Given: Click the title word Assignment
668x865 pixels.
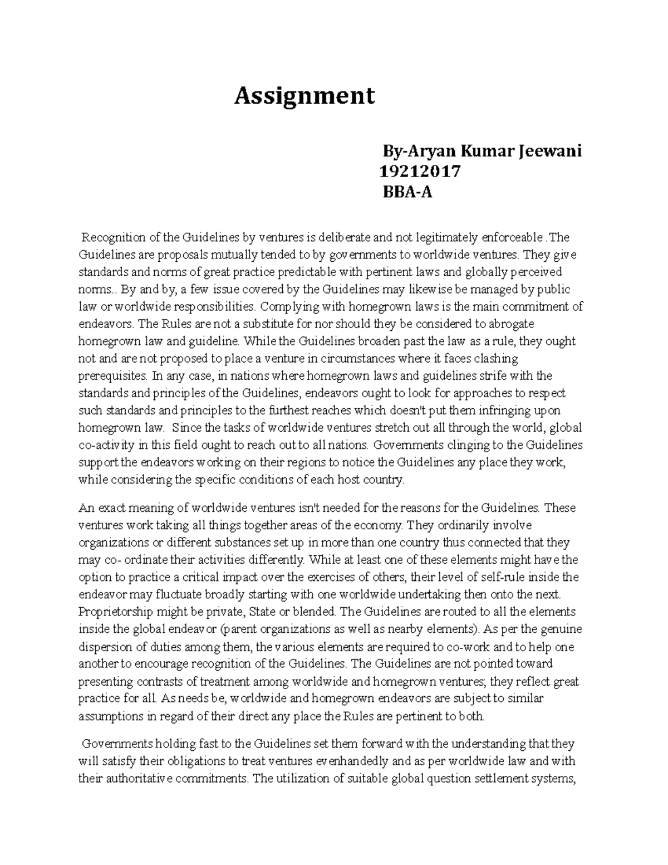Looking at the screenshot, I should point(304,96).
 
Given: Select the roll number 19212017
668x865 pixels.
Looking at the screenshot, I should point(419,172).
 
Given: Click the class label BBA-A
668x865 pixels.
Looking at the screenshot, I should point(407,193).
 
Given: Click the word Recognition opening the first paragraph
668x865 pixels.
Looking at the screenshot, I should point(114,238).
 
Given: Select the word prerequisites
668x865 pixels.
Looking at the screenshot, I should point(112,375).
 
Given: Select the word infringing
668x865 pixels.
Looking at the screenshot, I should point(492,410).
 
